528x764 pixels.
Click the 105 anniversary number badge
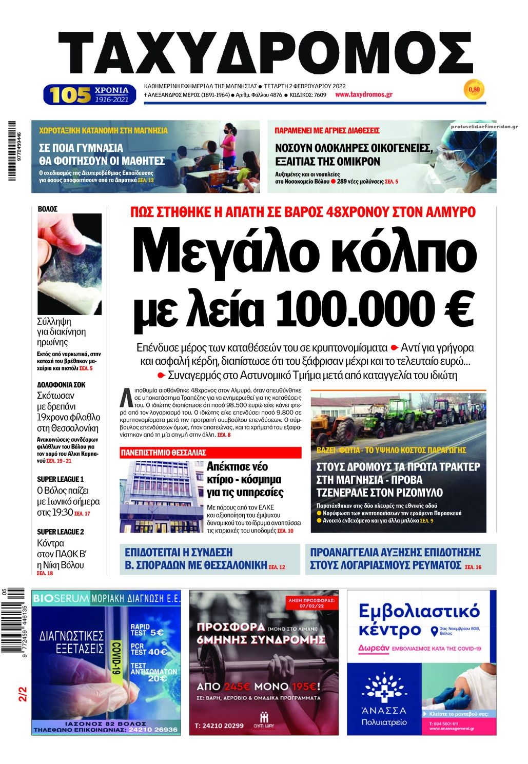coord(70,95)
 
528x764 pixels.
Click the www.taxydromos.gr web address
coord(364,94)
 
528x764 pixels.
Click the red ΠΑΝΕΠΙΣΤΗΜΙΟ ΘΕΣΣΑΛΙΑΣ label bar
coord(210,453)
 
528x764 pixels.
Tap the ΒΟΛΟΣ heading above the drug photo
coord(48,209)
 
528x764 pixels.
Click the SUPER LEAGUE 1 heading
coord(60,479)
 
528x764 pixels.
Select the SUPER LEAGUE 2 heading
coord(61,532)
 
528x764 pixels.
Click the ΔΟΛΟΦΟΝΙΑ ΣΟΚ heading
coord(61,384)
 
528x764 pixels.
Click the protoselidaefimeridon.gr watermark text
coord(484,126)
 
